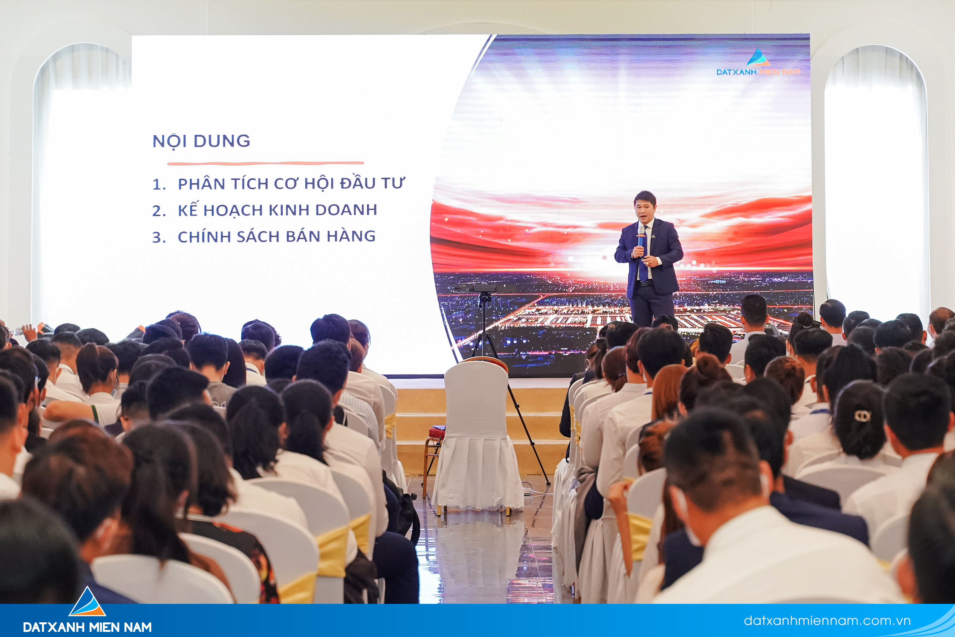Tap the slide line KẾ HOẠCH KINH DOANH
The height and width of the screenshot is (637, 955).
coord(277,210)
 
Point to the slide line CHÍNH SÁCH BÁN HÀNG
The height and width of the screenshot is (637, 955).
coord(277,236)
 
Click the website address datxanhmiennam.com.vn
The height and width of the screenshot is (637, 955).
coord(827,621)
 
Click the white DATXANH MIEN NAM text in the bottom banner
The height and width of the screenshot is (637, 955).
coord(87,627)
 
